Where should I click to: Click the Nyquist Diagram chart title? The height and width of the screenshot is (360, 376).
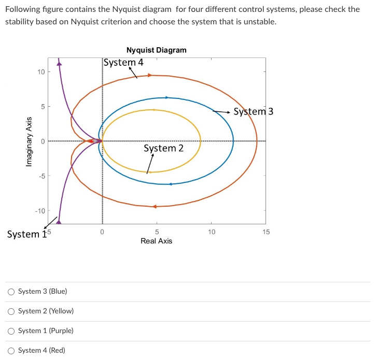coord(156,50)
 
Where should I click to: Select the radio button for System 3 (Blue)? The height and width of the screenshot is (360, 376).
coord(11,292)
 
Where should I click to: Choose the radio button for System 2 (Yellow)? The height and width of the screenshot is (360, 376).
coord(11,311)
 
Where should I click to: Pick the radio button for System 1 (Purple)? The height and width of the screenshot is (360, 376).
coord(11,331)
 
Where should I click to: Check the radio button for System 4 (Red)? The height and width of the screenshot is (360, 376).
coord(11,351)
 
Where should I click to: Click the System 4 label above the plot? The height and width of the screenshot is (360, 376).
coord(123,63)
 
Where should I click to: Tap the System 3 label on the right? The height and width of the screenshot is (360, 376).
coord(253,112)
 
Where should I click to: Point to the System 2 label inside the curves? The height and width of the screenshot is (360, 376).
coord(163,148)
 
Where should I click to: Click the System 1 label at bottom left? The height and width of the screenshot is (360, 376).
coord(23,234)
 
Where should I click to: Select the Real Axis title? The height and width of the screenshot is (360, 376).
coord(156,241)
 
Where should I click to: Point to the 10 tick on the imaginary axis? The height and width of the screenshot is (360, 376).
coord(41,71)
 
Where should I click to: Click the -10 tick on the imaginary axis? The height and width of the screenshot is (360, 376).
coord(40,211)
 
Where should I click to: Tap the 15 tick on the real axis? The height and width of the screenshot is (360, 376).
coord(266,232)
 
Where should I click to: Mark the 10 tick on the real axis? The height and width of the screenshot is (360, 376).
coord(211,232)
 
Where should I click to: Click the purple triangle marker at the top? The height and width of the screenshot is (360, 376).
coord(59,64)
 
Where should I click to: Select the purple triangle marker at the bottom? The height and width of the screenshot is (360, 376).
coord(59,222)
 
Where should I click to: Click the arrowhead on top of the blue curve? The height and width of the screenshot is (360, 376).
coord(166,97)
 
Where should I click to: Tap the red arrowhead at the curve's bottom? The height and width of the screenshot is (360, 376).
coord(154,207)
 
